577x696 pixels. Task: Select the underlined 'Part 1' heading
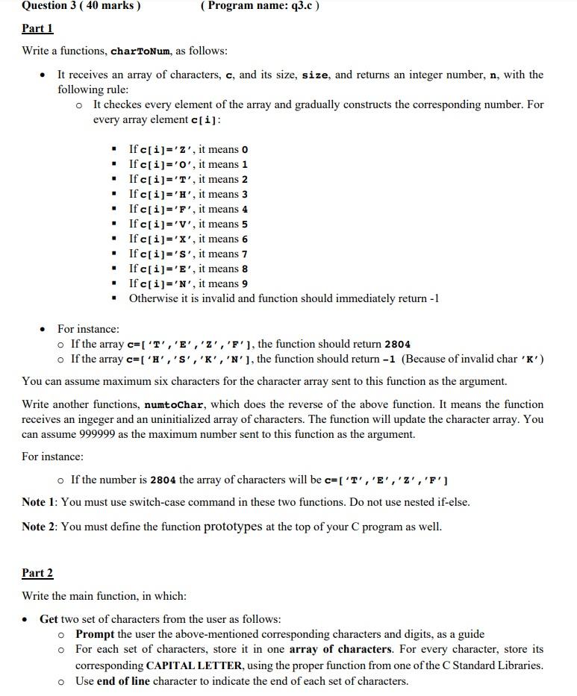tap(37, 28)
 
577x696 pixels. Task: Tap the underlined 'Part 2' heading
tap(37, 573)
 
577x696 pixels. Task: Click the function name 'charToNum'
tap(141, 51)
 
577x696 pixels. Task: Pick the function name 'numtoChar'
tap(178, 404)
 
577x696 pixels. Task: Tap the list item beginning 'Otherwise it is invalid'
tap(284, 298)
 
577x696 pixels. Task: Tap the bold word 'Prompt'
tap(95, 634)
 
